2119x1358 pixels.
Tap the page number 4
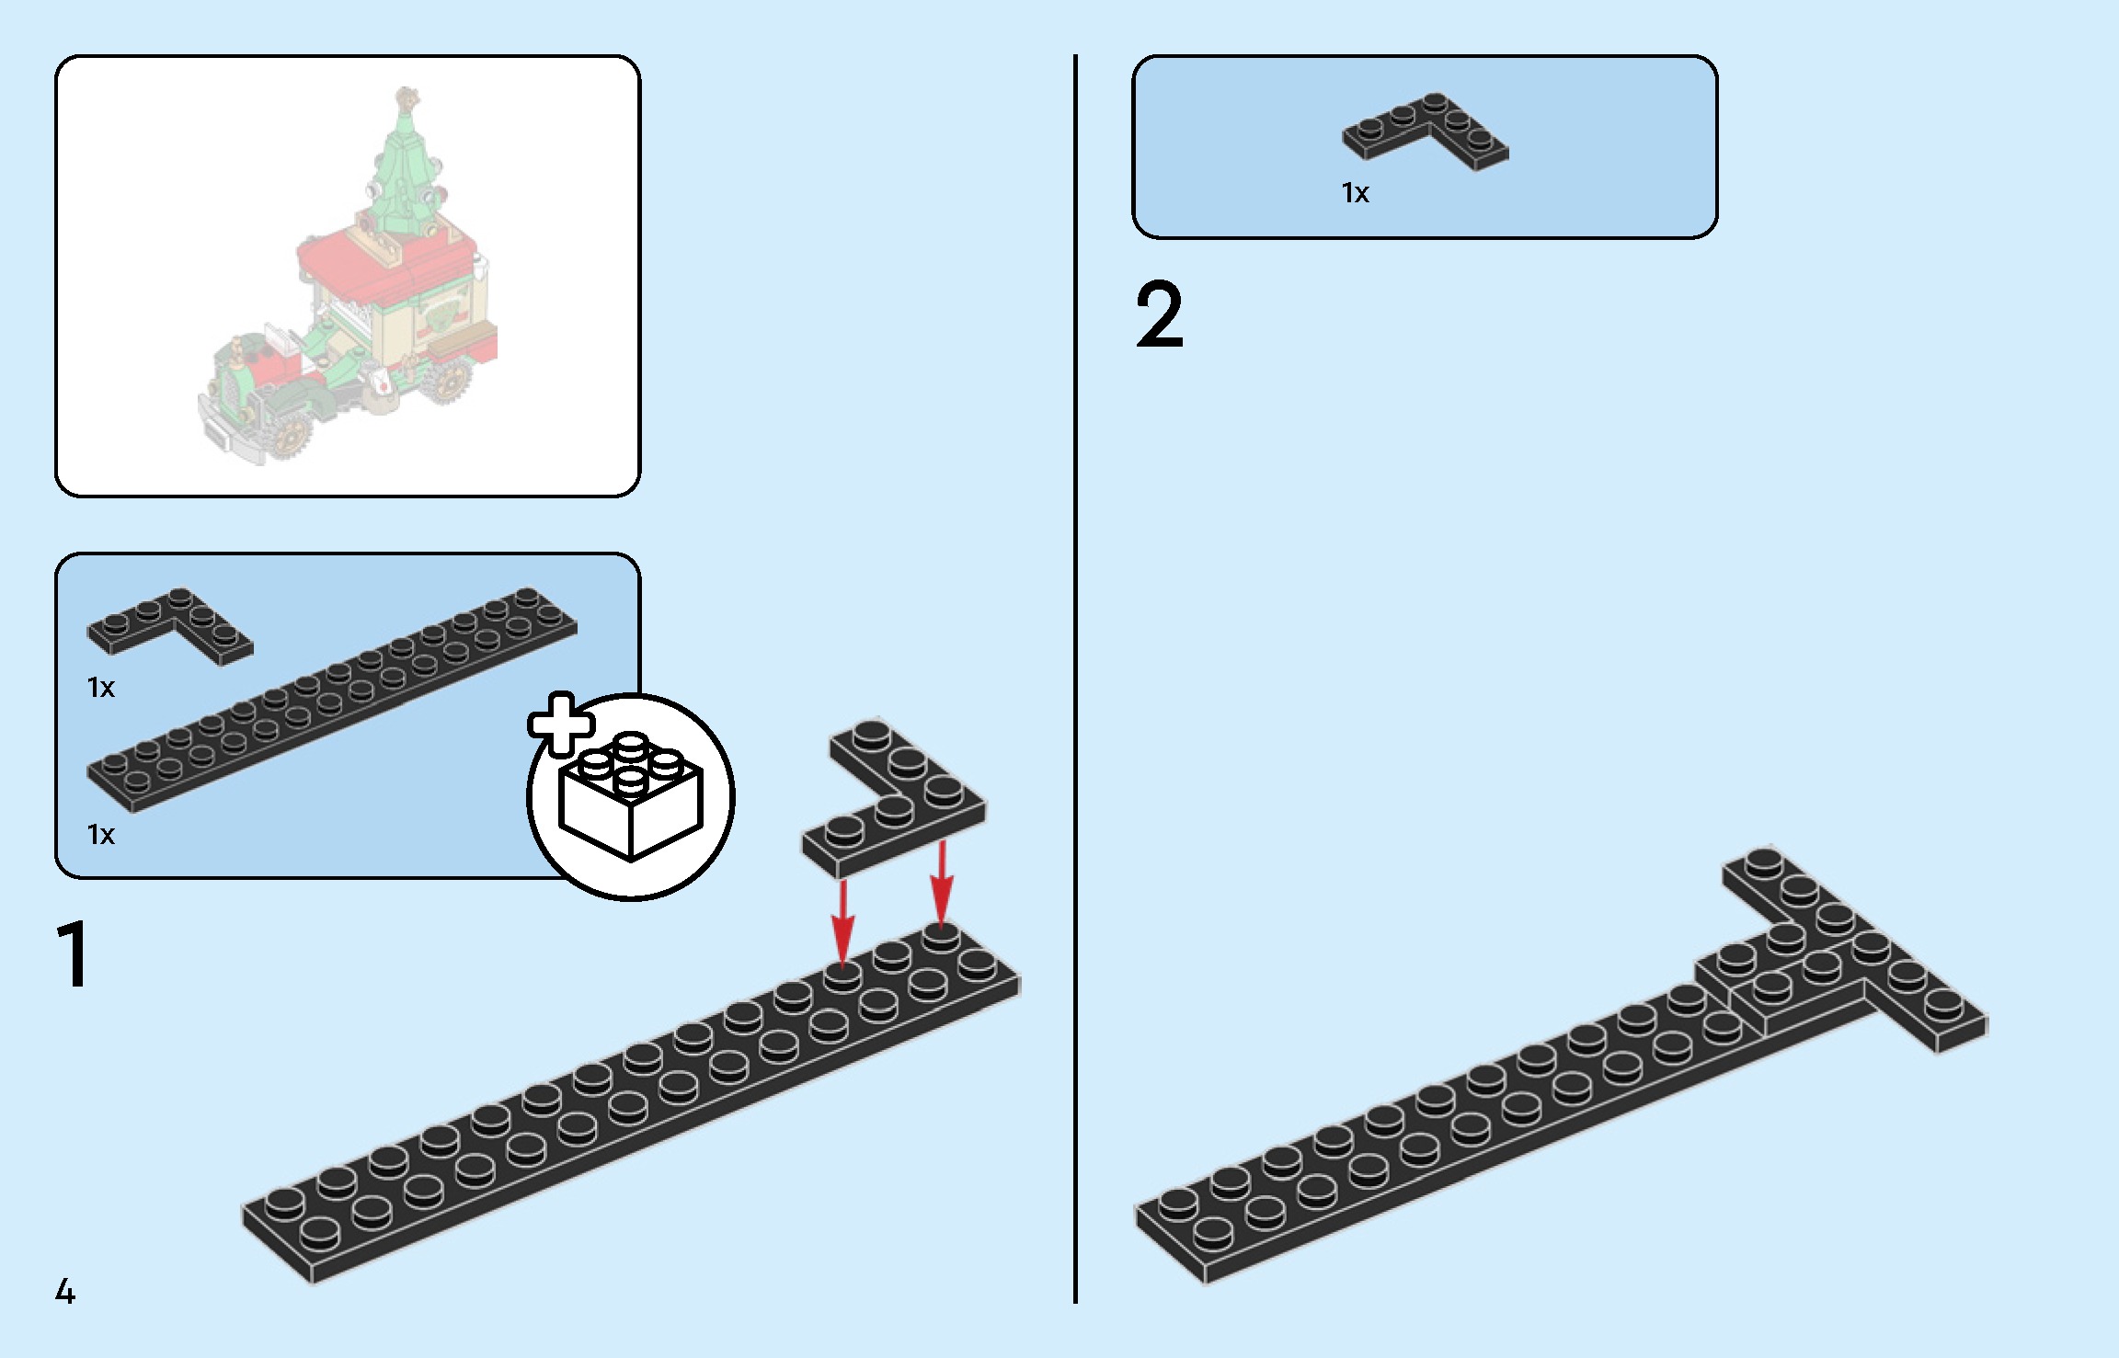pos(65,1292)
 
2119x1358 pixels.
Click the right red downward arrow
pos(941,883)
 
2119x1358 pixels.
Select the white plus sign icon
pos(560,724)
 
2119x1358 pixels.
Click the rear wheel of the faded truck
pos(450,379)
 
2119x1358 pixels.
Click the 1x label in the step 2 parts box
pos(1355,193)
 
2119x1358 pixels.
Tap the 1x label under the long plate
pos(101,835)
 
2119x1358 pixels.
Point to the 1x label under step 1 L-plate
pos(101,688)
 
